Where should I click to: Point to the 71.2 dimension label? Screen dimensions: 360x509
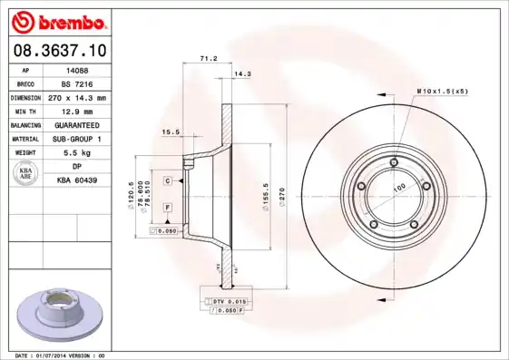point(207,59)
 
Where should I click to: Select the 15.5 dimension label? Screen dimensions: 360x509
point(170,131)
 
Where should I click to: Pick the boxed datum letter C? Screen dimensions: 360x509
point(168,181)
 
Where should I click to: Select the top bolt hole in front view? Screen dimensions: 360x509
point(392,163)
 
